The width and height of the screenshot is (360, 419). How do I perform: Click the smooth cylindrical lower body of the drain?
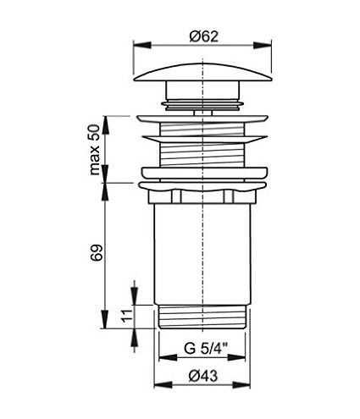pyautogui.click(x=202, y=254)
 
